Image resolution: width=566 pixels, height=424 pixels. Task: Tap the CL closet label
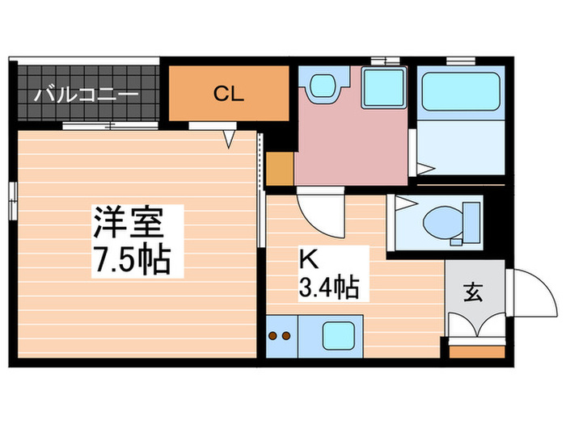point(228,93)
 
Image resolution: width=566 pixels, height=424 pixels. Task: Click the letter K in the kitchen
point(308,260)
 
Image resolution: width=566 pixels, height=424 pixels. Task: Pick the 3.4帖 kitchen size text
point(327,286)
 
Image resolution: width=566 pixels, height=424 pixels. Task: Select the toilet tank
point(470,221)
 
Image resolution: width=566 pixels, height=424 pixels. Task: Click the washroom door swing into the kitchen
point(320,209)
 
